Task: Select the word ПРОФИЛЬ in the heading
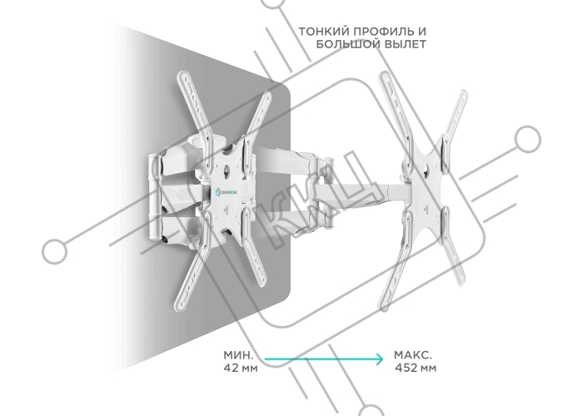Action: (x=381, y=32)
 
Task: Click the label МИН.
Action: (x=238, y=355)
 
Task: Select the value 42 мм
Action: (x=241, y=368)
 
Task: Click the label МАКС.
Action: (x=413, y=355)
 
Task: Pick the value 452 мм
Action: (x=416, y=368)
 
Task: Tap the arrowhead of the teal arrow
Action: (x=379, y=359)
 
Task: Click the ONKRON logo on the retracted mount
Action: (x=228, y=193)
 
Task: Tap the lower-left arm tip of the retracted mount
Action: (x=181, y=306)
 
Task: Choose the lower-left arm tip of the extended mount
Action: (x=385, y=305)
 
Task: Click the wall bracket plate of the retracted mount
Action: (x=154, y=198)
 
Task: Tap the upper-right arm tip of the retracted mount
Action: (x=267, y=95)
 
